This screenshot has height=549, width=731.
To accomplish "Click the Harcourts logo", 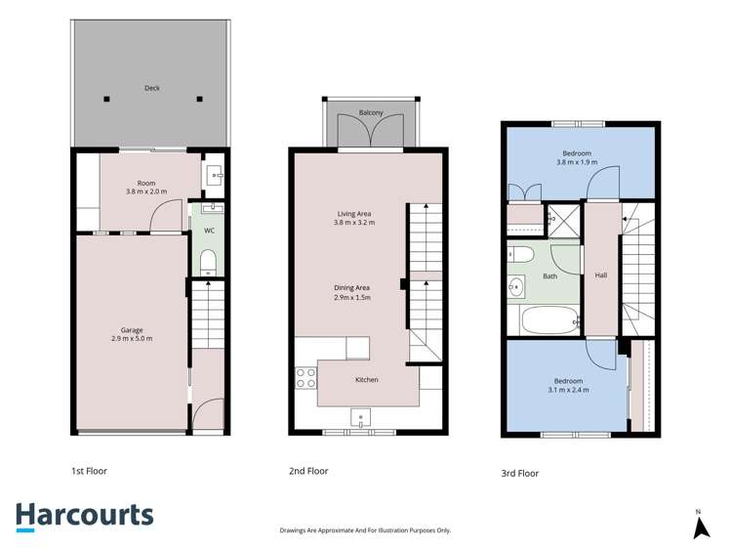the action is [x=85, y=517].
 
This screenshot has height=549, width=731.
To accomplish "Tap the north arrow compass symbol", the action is [x=701, y=528].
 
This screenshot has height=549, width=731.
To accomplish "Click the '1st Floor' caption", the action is [x=89, y=471].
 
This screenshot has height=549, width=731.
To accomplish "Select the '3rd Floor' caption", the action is [x=520, y=474].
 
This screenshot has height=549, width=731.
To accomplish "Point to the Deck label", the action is [x=152, y=88].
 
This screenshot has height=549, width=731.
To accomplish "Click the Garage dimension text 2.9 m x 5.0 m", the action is [x=132, y=339].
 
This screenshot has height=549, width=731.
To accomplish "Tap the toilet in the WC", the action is [x=208, y=263].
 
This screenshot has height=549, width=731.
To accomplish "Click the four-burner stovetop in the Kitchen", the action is [x=305, y=378].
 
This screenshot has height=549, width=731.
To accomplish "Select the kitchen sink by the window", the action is [x=360, y=417].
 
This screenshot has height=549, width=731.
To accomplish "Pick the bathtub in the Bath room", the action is [x=550, y=320].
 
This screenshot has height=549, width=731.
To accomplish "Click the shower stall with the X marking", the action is [x=563, y=221].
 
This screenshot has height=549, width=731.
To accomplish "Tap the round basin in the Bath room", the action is [x=515, y=286].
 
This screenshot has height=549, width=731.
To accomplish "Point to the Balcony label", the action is [x=371, y=112].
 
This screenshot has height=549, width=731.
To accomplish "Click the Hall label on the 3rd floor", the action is [x=601, y=275].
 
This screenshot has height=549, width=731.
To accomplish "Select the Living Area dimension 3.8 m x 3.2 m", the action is [x=354, y=223].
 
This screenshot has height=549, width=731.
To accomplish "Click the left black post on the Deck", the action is [x=106, y=99].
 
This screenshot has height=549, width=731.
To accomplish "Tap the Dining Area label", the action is [x=352, y=288].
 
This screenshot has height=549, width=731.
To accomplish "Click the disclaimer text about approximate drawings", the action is [x=365, y=530].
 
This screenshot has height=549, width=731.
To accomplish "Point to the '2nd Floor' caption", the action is [x=308, y=471].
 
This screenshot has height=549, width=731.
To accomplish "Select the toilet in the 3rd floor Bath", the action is [x=520, y=255].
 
